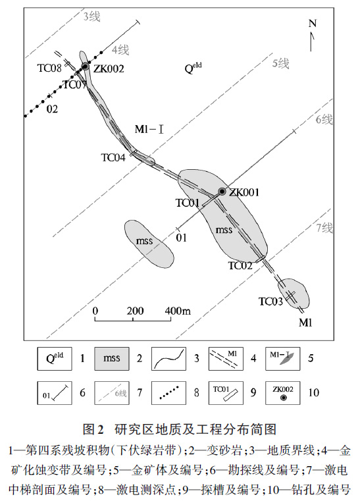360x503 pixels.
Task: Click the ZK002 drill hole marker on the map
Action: pos(86,66)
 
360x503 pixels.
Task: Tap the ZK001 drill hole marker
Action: pos(222,192)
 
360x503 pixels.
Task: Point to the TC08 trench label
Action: pos(49,68)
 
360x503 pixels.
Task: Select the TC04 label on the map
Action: pos(113,157)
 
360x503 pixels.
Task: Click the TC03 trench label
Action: pos(271,302)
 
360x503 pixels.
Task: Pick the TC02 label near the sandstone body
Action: pos(240,265)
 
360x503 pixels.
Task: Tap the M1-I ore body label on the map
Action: pos(149,129)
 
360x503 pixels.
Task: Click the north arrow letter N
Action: pos(313,24)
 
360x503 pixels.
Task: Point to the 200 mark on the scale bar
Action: pos(135,311)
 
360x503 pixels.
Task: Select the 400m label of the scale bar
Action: pos(178,311)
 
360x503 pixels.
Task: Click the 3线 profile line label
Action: pos(92,16)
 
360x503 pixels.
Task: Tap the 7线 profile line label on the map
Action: pos(324,228)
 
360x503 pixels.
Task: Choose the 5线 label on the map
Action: pos(281,63)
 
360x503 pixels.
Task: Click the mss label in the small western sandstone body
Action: pos(144,240)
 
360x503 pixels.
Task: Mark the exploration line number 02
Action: pos(52,109)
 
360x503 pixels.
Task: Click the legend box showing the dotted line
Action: pos(168,392)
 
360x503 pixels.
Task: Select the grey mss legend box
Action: pos(112,359)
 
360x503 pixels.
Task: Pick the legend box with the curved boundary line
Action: pos(168,359)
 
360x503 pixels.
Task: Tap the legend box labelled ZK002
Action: pos(283,392)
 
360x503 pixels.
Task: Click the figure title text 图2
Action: pos(93,429)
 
